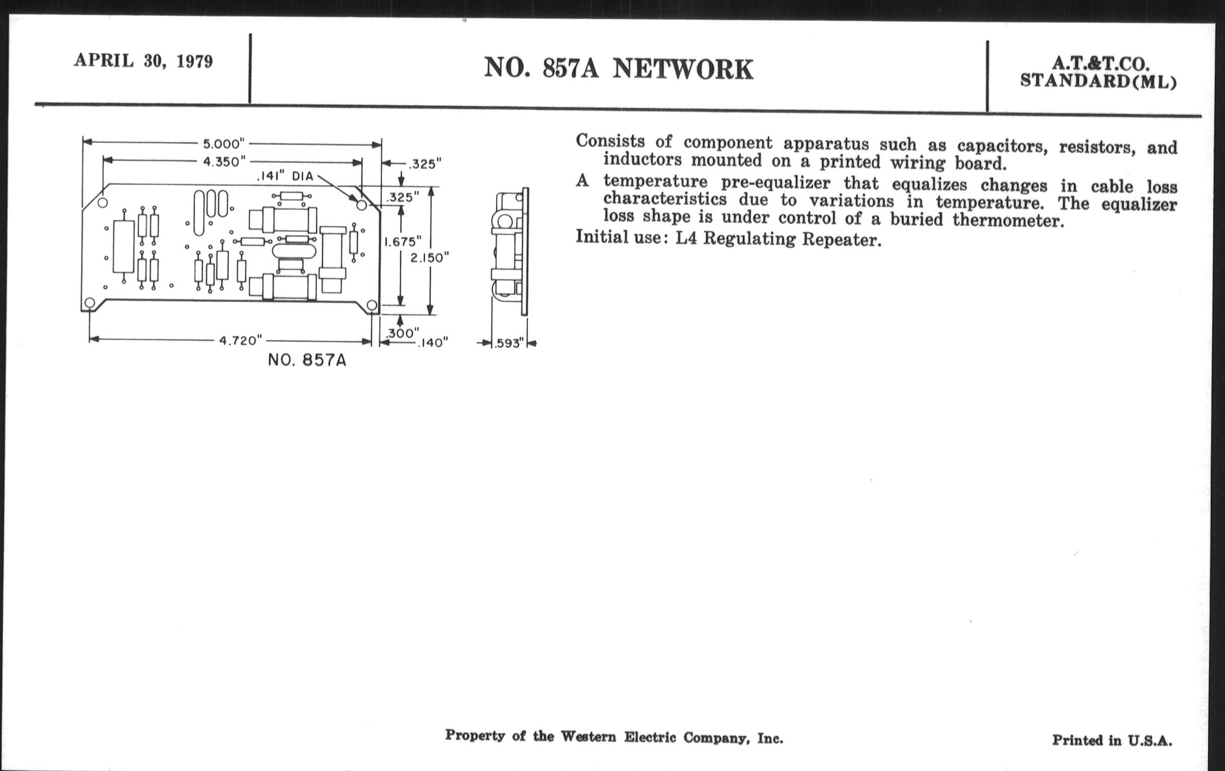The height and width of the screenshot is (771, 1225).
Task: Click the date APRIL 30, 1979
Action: click(x=144, y=61)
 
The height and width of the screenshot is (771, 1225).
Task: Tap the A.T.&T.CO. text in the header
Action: click(x=1100, y=63)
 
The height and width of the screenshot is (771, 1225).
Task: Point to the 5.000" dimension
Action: click(x=224, y=144)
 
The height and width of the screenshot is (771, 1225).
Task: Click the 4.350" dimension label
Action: click(x=224, y=162)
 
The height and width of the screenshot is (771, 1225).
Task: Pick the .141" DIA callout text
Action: click(x=285, y=176)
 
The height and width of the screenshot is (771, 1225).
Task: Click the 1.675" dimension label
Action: click(x=402, y=242)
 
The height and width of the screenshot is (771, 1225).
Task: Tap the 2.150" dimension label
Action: click(x=430, y=258)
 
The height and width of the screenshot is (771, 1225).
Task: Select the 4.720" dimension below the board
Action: click(x=241, y=340)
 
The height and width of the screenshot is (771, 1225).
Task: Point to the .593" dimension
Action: click(x=509, y=344)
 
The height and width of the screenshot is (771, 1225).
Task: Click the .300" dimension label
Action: click(x=402, y=333)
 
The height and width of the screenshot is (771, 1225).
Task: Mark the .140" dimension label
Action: click(x=432, y=343)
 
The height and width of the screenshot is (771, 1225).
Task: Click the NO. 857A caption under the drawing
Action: click(x=307, y=360)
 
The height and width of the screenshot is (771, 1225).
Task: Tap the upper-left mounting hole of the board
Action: click(x=102, y=203)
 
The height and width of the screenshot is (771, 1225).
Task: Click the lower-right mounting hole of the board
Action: click(x=372, y=305)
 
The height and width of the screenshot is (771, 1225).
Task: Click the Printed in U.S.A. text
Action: click(x=1112, y=740)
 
